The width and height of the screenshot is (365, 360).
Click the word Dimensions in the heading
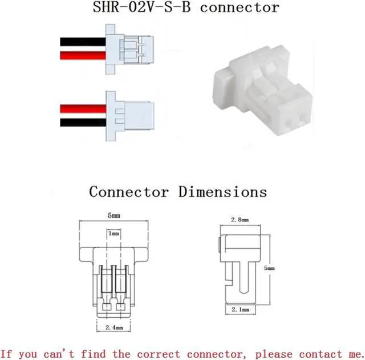[223, 192]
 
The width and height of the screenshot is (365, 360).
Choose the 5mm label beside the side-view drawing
[270, 268]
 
